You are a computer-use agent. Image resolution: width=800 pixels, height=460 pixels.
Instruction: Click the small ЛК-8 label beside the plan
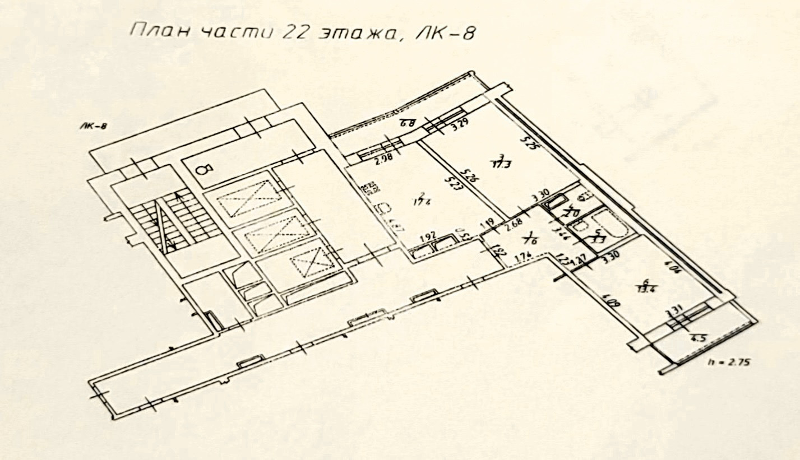(x=93, y=127)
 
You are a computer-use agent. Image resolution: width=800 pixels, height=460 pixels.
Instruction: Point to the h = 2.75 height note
(x=729, y=363)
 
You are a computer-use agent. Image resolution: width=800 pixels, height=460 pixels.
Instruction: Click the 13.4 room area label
(x=646, y=287)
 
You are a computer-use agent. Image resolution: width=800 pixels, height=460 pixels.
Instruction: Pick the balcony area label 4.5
(x=698, y=337)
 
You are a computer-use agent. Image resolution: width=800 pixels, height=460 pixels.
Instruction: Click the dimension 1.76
(x=522, y=258)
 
